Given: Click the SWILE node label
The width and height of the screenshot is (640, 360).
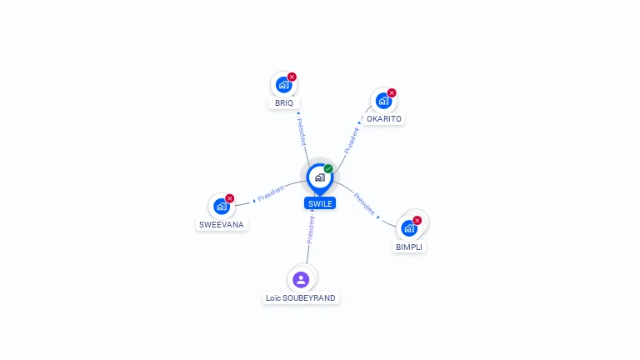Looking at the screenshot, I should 320,203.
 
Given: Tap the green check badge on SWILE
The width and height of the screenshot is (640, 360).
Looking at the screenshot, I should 328,169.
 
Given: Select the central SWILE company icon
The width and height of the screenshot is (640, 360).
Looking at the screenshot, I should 319,177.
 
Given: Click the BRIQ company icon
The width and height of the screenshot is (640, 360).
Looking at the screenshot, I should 283,84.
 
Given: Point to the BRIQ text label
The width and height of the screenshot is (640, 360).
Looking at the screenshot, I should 284,103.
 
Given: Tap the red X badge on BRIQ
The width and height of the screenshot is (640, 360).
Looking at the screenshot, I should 292,77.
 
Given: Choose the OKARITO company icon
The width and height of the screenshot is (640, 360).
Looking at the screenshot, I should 383,101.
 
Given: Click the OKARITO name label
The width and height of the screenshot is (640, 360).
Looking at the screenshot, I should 384,119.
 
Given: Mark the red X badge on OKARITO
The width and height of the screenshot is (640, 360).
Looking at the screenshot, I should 392,93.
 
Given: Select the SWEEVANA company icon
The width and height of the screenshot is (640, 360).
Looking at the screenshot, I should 221,206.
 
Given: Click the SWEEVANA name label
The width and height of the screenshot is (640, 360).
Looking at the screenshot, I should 222,225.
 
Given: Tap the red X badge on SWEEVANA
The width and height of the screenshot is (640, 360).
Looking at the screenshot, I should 230,198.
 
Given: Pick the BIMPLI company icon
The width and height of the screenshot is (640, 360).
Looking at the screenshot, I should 408,227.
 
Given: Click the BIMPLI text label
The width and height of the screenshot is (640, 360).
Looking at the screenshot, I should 410,247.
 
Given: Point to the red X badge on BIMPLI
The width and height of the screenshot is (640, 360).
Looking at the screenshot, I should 417,221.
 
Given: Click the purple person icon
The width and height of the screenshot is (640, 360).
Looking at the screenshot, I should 301,279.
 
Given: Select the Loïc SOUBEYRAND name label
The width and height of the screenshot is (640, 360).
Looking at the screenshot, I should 301,298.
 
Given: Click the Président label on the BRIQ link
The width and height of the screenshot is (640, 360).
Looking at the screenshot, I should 302,132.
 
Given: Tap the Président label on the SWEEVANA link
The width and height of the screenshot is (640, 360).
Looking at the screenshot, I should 272,193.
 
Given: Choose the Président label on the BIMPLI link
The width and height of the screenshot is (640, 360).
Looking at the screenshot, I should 366,203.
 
